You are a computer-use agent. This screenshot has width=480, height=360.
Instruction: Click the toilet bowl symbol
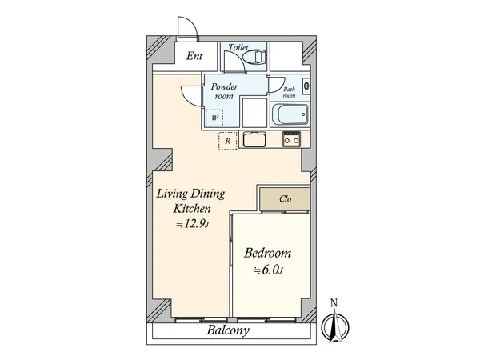[254, 57]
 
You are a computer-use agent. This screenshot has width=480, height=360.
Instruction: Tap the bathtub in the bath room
[290, 114]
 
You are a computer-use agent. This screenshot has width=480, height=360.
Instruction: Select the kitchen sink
[254, 139]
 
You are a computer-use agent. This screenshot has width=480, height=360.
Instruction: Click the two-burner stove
[291, 139]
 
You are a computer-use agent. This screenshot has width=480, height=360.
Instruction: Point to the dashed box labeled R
[228, 141]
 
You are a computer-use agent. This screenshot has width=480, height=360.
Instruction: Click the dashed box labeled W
[214, 118]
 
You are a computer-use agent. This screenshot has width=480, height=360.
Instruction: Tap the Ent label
[194, 56]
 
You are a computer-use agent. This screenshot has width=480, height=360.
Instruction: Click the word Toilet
[238, 47]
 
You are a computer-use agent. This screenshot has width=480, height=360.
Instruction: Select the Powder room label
[224, 91]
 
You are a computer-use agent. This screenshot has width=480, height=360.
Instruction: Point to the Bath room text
[290, 93]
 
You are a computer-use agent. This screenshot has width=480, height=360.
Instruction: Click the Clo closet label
[286, 199]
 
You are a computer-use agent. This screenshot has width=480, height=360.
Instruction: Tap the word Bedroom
[267, 253]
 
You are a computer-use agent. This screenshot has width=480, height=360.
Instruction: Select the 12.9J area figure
[192, 224]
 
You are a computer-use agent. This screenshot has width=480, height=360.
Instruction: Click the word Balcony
[228, 330]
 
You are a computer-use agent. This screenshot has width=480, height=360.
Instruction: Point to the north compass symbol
[335, 326]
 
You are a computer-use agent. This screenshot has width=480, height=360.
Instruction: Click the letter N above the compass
[334, 303]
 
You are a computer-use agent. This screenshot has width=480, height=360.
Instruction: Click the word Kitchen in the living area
[192, 209]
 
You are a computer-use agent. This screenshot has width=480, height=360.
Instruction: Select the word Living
[172, 194]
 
